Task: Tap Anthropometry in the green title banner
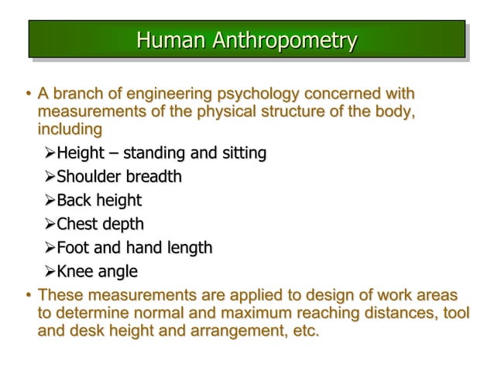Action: pyautogui.click(x=285, y=40)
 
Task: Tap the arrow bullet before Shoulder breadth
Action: pyautogui.click(x=50, y=177)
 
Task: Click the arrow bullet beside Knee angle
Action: pyautogui.click(x=50, y=272)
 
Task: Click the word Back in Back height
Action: pyautogui.click(x=75, y=200)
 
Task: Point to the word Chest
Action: pyautogui.click(x=78, y=224)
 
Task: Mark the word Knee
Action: pyautogui.click(x=76, y=272)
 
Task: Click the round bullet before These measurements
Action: pyautogui.click(x=27, y=296)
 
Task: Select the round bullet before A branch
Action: pyautogui.click(x=27, y=95)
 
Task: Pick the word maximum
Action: pyautogui.click(x=253, y=313)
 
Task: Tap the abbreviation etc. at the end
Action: pyautogui.click(x=303, y=331)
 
